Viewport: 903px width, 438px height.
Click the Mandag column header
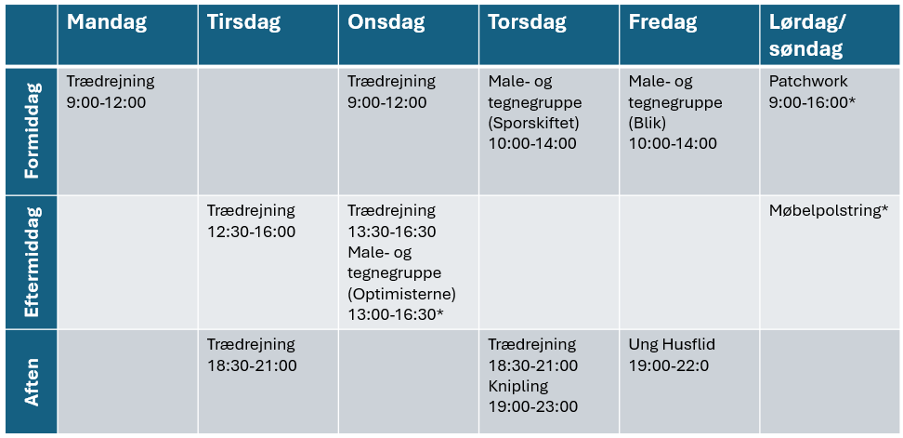(107, 22)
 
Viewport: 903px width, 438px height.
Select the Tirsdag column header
(244, 22)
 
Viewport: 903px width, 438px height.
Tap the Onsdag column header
(386, 22)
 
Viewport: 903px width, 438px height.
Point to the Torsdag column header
(528, 22)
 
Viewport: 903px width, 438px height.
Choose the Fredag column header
(663, 22)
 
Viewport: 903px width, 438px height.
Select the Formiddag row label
(32, 130)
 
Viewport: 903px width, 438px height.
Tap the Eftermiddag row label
(32, 262)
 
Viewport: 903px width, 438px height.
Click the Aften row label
(32, 381)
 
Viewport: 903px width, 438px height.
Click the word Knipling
(518, 386)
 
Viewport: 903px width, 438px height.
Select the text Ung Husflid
(672, 345)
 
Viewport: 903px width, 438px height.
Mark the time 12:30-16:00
(252, 232)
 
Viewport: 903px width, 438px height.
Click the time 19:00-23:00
(533, 407)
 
